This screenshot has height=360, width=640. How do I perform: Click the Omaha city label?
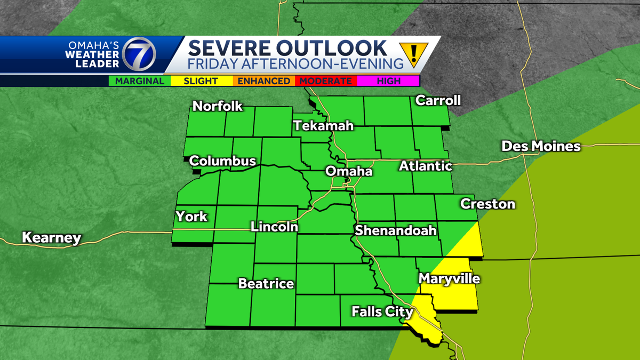click(x=349, y=172)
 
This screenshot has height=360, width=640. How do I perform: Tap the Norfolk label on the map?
click(x=217, y=106)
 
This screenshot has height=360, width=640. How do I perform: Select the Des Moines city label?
click(x=541, y=146)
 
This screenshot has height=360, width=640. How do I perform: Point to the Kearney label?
click(x=51, y=237)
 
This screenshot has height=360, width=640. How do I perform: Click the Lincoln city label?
click(x=274, y=227)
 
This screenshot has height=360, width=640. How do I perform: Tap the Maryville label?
click(x=449, y=279)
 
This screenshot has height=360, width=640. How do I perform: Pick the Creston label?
click(x=487, y=204)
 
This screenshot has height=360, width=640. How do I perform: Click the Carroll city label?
click(x=437, y=100)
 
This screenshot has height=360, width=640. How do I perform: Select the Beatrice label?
click(x=266, y=284)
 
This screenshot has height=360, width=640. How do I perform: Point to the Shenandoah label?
click(x=396, y=230)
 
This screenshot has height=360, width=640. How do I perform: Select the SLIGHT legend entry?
click(x=201, y=81)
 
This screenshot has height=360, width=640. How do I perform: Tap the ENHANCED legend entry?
click(x=263, y=81)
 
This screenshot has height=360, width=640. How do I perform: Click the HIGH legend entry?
click(x=388, y=81)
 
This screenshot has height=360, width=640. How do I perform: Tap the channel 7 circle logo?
click(x=139, y=55)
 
